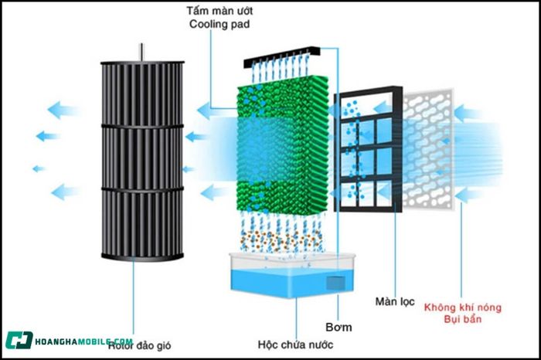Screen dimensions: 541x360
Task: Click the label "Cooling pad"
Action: [x=219, y=25]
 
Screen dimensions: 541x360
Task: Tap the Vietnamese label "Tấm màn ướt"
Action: [x=219, y=11]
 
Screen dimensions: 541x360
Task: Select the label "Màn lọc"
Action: [x=395, y=302]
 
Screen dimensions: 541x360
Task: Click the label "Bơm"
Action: [x=339, y=328]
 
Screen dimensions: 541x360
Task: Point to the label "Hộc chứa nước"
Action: [x=295, y=345]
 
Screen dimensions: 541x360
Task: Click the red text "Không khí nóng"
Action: [x=462, y=307]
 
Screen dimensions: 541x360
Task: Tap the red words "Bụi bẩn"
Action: [x=462, y=319]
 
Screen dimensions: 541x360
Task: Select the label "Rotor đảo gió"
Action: [x=139, y=345]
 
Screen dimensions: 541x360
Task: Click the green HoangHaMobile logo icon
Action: [x=19, y=340]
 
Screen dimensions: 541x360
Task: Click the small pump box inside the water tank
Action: [x=335, y=284]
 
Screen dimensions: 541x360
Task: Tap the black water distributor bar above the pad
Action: [x=281, y=57]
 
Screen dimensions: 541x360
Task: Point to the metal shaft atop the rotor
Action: [x=141, y=53]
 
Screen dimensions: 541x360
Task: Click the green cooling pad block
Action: [x=283, y=144]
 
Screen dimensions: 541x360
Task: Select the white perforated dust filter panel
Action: [x=428, y=149]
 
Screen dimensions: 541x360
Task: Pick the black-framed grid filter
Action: [x=369, y=149]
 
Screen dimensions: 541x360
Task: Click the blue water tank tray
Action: [x=292, y=275]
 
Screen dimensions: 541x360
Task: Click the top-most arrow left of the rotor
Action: [x=63, y=110]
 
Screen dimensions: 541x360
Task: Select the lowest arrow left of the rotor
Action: [x=66, y=192]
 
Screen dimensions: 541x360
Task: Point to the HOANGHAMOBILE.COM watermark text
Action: [x=83, y=341]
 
